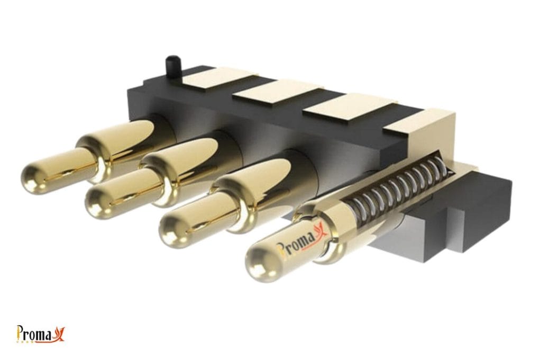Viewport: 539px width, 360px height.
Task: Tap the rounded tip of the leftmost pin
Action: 33,178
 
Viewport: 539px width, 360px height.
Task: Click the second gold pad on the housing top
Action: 277,92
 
